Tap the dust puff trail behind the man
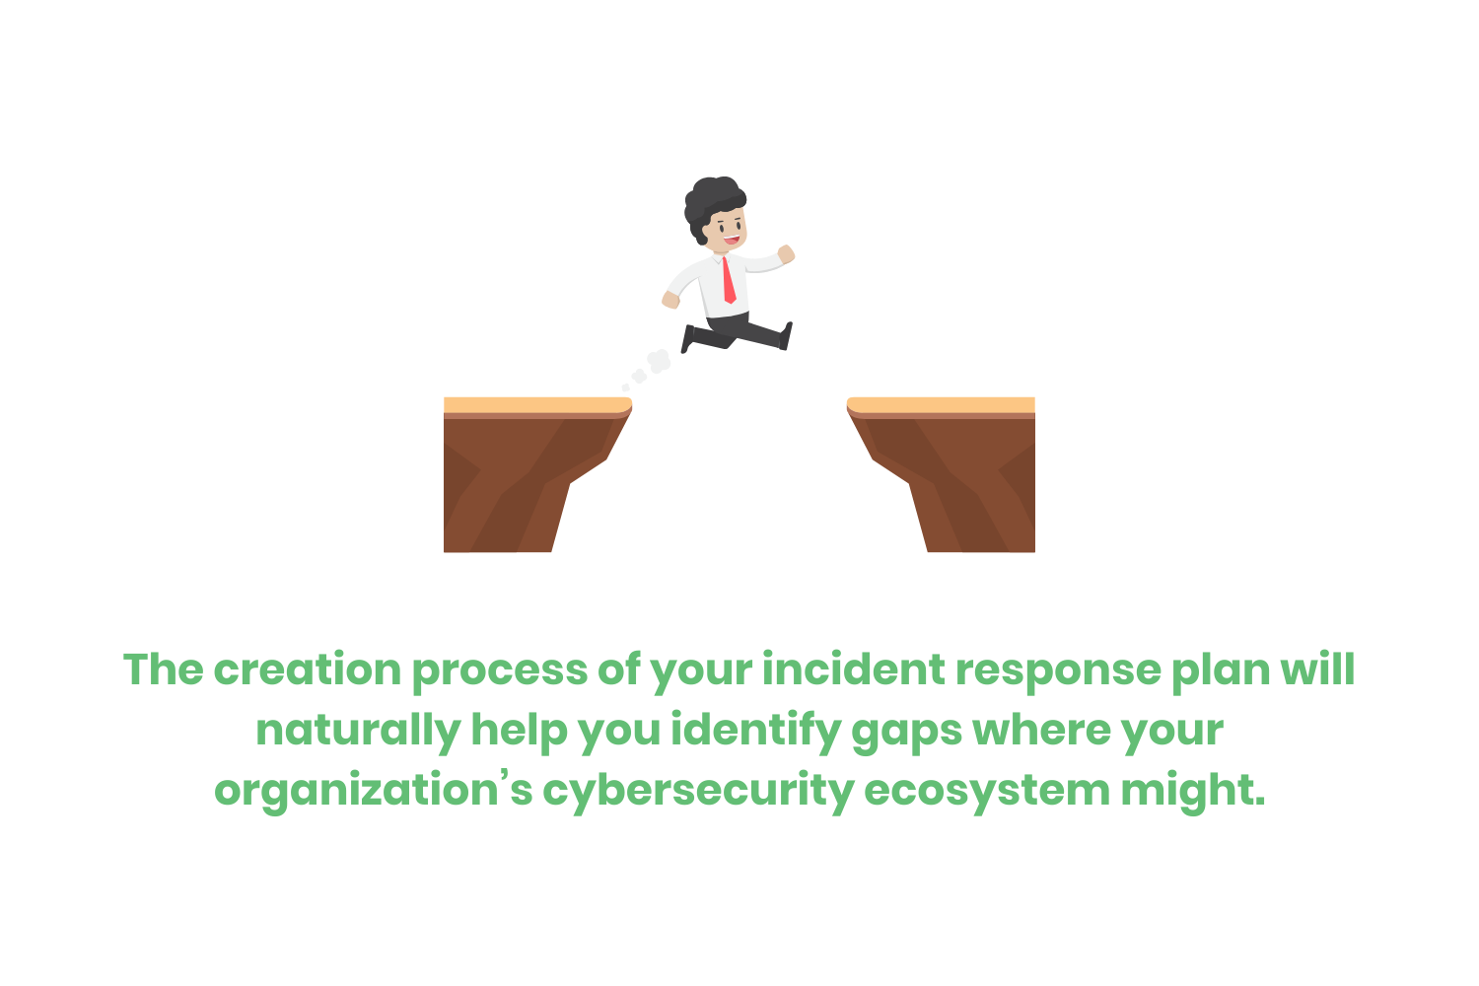click(650, 368)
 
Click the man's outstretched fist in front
click(786, 254)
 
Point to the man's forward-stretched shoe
click(786, 336)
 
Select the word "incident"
click(854, 670)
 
